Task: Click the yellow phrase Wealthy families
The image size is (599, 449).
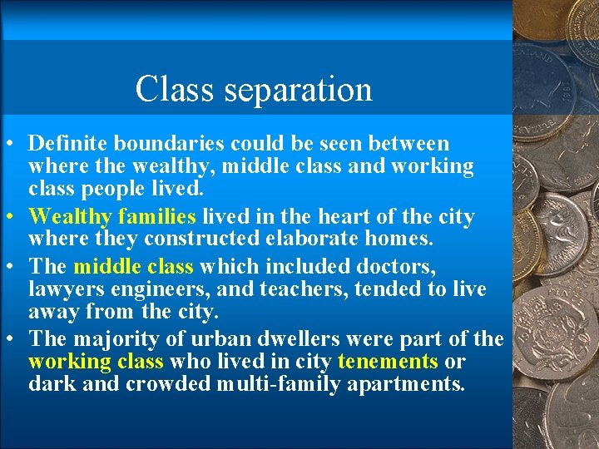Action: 112,217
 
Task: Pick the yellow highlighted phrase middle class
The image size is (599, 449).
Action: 133,266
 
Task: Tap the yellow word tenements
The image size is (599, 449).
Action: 388,362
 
